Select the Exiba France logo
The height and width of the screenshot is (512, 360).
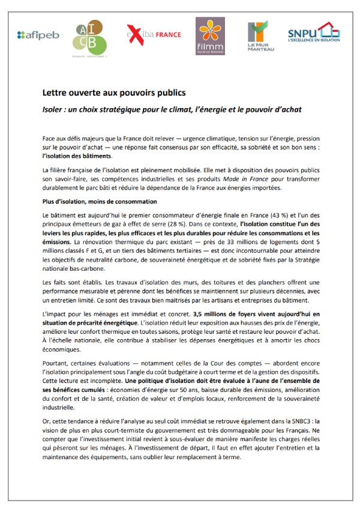154,35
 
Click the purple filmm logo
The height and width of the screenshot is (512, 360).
210,35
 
